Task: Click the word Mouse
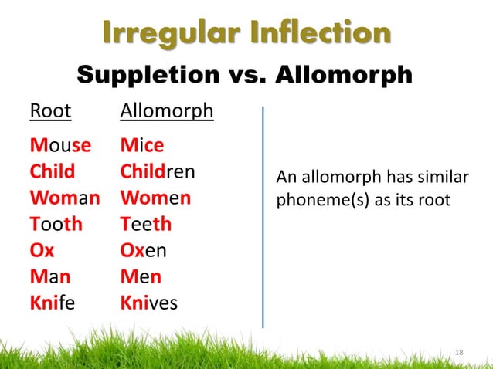click(x=60, y=144)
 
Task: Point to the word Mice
click(x=141, y=144)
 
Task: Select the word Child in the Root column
click(x=53, y=171)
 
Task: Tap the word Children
click(x=157, y=171)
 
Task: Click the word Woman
click(x=65, y=197)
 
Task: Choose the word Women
click(x=155, y=197)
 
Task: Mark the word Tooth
click(x=56, y=224)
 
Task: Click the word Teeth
click(x=146, y=224)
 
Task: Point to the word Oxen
click(x=143, y=250)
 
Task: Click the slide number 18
click(x=459, y=352)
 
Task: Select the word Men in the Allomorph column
click(x=140, y=276)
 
